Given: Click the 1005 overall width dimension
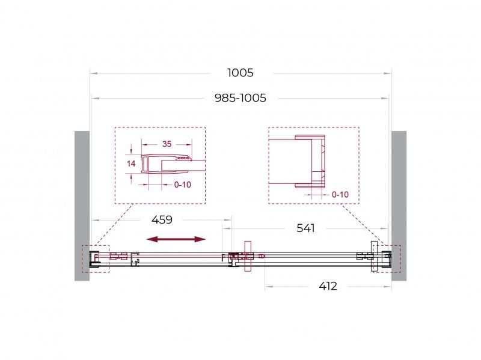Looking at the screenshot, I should tap(240, 73).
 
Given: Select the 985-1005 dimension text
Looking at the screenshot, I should tap(240, 97).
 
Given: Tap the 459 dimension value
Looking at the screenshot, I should tap(162, 220).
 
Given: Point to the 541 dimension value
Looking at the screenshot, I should tap(305, 228).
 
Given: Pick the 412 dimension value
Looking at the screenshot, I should tap(328, 286).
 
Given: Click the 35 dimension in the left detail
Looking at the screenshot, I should tap(167, 144).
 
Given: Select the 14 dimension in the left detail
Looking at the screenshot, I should tap(132, 163).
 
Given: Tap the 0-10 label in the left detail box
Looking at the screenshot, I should tap(182, 185).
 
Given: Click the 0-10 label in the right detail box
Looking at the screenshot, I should tap(340, 194).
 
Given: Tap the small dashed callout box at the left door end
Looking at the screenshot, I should tap(96, 259).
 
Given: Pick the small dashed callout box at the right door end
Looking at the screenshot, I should tap(385, 258).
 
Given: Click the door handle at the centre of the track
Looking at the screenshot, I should tap(247, 257).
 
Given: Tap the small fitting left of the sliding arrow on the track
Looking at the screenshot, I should tap(120, 257).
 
